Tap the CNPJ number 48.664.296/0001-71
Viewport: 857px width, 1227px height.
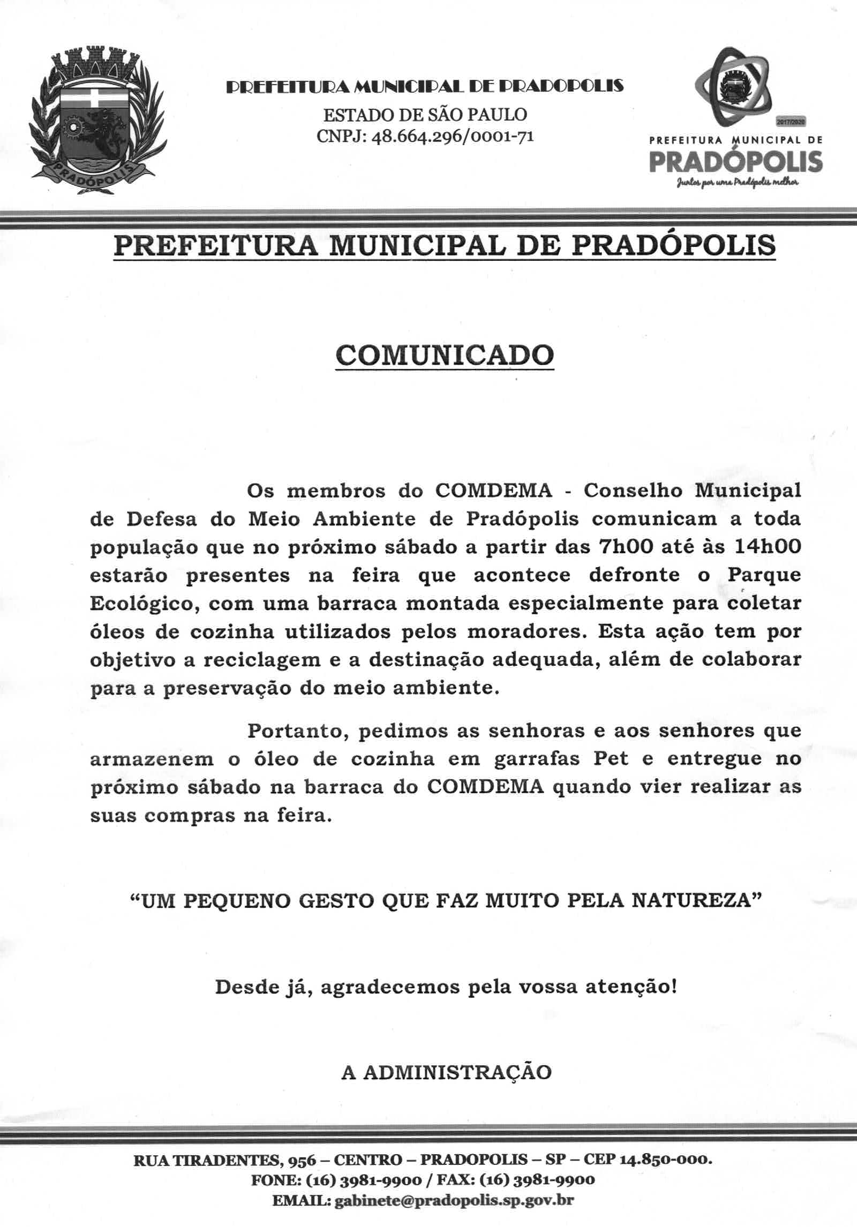[453, 137]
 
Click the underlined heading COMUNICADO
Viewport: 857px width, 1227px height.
[444, 355]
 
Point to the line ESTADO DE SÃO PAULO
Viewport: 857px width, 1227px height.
[425, 114]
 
